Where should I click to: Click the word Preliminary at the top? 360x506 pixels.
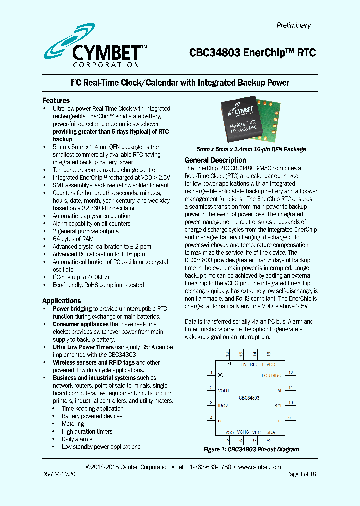coord(293,25)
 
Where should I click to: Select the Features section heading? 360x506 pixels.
coord(56,100)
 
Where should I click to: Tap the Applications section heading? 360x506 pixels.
coord(61,301)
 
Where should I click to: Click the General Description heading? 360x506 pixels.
coord(215,160)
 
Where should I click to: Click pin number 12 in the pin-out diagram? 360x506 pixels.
coord(290,373)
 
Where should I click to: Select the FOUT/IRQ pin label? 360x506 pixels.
coord(272,375)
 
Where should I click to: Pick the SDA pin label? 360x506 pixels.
coord(270,432)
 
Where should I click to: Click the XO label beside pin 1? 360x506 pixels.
coord(221,375)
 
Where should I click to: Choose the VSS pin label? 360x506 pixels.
coord(229,432)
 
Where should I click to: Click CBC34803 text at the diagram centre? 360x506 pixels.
coord(249,398)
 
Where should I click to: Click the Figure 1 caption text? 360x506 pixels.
coord(251,449)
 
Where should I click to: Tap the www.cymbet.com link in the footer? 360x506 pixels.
coord(259,467)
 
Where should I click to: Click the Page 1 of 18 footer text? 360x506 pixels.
coord(301,474)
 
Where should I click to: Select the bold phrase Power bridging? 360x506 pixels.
coord(72,309)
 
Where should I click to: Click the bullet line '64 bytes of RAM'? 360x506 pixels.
coord(73,239)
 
